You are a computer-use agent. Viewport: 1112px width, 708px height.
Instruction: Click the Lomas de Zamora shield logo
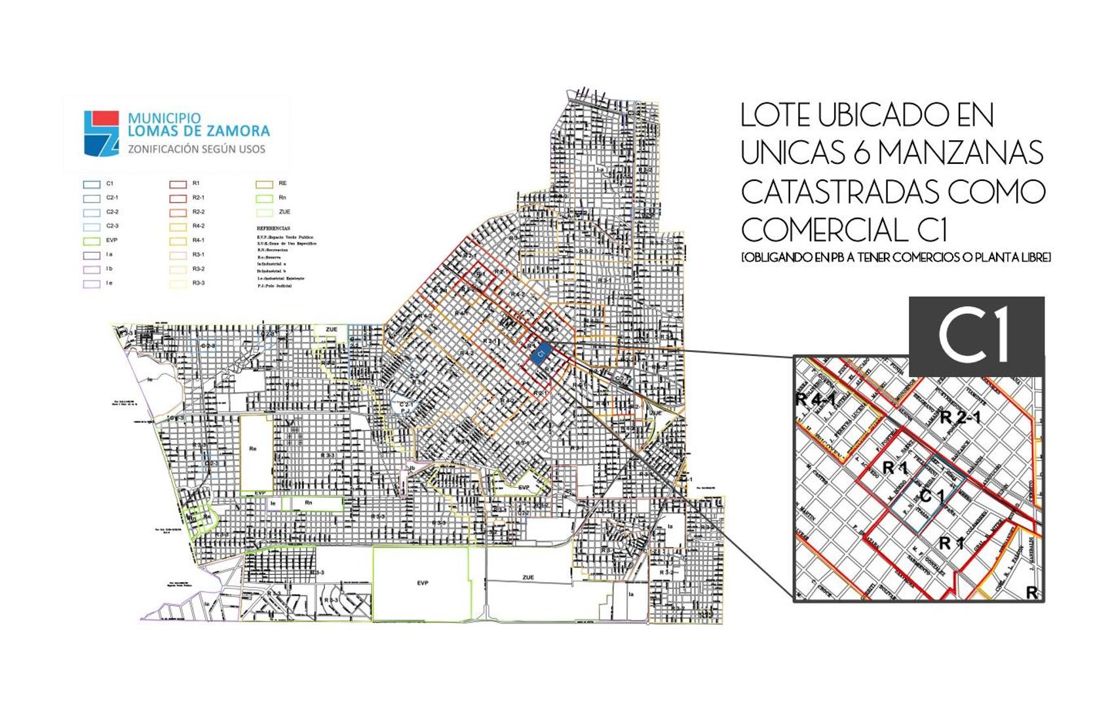pyautogui.click(x=102, y=133)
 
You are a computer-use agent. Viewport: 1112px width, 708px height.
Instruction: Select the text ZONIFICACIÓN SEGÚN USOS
pyautogui.click(x=197, y=149)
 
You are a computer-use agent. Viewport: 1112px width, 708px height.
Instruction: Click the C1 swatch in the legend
pyautogui.click(x=92, y=184)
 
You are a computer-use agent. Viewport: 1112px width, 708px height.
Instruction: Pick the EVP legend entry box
pyautogui.click(x=92, y=241)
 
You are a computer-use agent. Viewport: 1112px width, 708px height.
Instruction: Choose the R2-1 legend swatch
pyautogui.click(x=178, y=198)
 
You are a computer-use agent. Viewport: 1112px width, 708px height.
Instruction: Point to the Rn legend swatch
pyautogui.click(x=264, y=198)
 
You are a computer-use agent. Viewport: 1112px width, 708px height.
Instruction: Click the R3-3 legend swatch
pyautogui.click(x=178, y=284)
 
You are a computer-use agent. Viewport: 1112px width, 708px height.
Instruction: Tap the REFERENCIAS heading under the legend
pyautogui.click(x=273, y=229)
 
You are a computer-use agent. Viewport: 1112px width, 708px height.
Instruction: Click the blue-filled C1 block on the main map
pyautogui.click(x=540, y=355)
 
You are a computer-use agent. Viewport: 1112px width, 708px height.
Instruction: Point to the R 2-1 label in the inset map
pyautogui.click(x=960, y=417)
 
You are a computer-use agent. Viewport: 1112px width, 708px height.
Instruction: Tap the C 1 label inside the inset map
pyautogui.click(x=932, y=496)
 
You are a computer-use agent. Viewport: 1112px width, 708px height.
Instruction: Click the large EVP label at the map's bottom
pyautogui.click(x=423, y=583)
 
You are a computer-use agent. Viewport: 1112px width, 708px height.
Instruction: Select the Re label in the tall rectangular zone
pyautogui.click(x=254, y=449)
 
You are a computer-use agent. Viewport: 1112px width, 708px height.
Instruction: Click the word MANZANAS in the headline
pyautogui.click(x=960, y=153)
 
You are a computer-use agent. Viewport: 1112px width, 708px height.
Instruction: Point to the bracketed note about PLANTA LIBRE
pyautogui.click(x=896, y=258)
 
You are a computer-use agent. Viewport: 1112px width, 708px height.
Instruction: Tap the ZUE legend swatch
pyautogui.click(x=264, y=212)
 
